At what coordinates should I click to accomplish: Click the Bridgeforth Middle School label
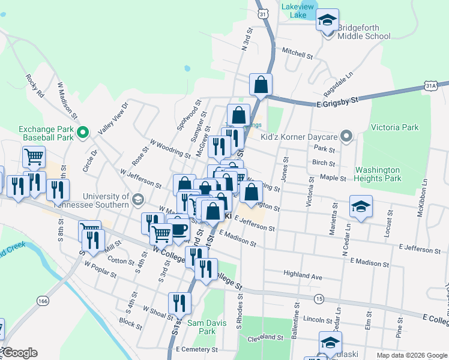(364, 32)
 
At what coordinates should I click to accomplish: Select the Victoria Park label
(394, 127)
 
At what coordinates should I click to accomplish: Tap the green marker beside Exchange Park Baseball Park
(84, 132)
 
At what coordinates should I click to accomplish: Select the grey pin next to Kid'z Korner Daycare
(345, 136)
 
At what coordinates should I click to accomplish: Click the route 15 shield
(319, 298)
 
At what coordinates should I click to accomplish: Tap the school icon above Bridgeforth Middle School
(327, 20)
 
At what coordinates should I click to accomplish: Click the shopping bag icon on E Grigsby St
(261, 85)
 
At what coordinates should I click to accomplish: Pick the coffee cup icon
(178, 229)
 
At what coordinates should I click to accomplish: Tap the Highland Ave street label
(303, 277)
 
